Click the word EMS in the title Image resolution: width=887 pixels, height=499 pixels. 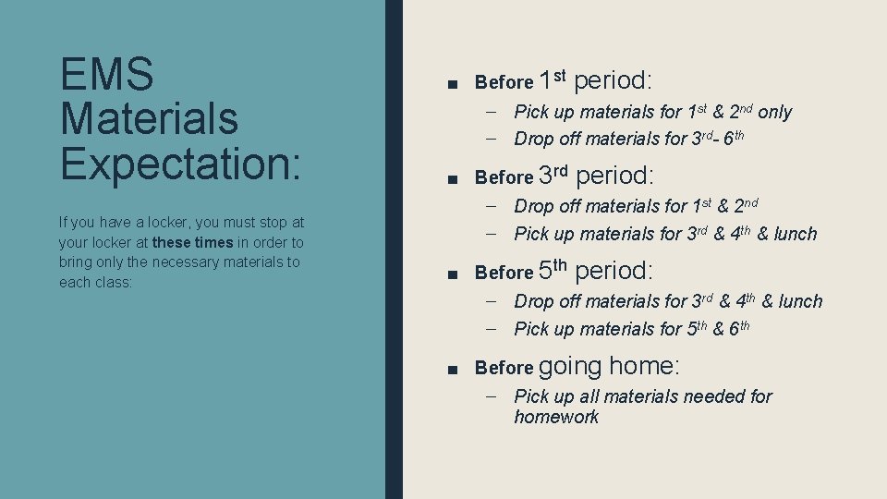(x=106, y=75)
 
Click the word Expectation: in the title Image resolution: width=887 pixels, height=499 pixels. (x=180, y=163)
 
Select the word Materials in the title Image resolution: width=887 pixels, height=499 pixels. (x=149, y=118)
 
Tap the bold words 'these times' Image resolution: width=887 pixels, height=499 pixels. (x=193, y=242)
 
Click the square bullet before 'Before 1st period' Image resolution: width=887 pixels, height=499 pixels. (x=451, y=83)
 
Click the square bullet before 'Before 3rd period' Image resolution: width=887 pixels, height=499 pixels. (x=451, y=177)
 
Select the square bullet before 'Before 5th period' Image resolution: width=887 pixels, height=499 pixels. (x=451, y=274)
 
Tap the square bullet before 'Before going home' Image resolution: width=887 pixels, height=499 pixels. (x=451, y=369)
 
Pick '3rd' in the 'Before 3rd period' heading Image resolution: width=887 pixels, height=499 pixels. (x=553, y=175)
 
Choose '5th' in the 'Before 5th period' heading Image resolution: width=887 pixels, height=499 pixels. (x=553, y=271)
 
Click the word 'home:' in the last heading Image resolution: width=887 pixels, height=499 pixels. (x=644, y=366)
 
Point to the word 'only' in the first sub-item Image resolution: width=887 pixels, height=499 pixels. (x=774, y=112)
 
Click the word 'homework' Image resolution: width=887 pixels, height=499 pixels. (x=556, y=417)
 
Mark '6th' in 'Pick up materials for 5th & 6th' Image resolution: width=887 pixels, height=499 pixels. (x=737, y=328)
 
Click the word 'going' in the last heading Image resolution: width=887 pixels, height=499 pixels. (x=569, y=367)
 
